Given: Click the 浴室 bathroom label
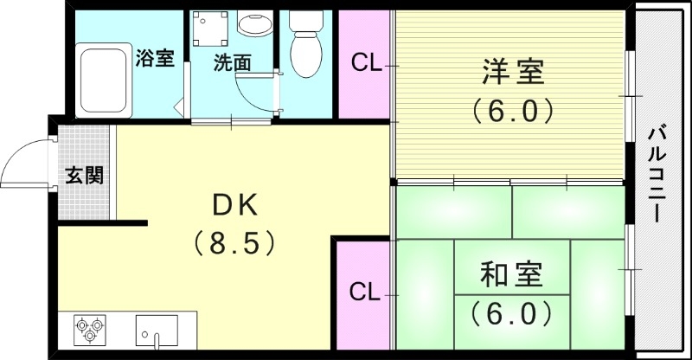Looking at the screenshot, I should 156,59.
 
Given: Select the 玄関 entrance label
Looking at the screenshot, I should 85,175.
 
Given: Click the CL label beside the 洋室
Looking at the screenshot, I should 365,64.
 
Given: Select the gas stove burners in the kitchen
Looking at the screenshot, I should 90,330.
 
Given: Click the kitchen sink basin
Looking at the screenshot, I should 157,330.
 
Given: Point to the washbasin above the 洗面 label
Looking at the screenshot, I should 254,24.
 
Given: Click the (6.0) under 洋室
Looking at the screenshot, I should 512,111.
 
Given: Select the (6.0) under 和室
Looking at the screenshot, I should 512,311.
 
